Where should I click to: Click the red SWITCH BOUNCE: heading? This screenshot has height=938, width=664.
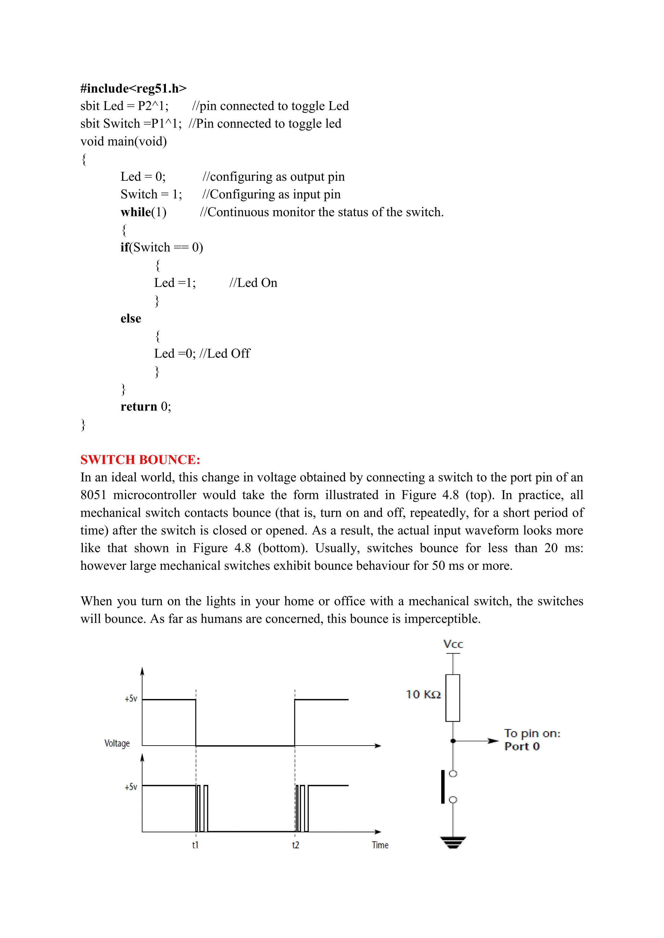140,460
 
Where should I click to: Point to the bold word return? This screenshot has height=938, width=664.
139,406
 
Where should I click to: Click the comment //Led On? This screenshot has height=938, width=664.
253,283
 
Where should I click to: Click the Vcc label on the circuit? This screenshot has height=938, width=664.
453,644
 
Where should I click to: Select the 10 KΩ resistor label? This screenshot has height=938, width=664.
423,694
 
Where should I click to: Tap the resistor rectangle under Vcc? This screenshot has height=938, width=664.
453,698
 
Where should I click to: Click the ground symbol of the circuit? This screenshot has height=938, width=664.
453,842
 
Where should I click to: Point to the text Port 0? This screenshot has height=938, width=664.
522,746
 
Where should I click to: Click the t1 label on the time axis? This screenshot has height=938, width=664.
196,845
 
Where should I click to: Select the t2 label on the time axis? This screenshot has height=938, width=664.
295,845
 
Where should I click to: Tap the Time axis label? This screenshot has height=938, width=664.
380,845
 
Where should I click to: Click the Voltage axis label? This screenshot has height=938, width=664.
117,743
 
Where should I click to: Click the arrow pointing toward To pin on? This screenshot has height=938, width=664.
492,741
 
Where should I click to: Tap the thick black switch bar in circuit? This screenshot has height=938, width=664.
443,787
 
